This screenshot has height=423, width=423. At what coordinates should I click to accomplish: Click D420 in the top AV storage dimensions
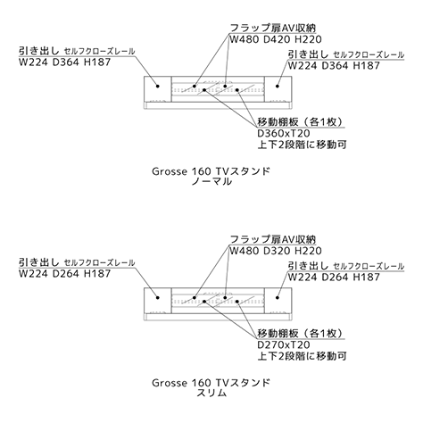tap(277, 39)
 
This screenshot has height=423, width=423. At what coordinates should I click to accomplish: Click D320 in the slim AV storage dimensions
tap(277, 251)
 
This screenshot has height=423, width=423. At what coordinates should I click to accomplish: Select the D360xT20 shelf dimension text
tap(279, 133)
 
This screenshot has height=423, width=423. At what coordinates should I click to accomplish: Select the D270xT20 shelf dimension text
tap(279, 344)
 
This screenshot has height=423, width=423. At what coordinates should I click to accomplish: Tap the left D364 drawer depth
tap(66, 62)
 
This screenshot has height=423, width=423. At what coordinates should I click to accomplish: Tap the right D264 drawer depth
tap(335, 278)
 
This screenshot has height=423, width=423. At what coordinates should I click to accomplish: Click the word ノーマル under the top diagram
tap(211, 181)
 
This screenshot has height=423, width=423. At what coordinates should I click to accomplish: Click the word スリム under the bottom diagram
tap(211, 393)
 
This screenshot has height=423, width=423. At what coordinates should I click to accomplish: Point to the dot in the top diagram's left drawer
tap(158, 87)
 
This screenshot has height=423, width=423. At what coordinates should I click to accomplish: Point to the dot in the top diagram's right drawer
tap(278, 87)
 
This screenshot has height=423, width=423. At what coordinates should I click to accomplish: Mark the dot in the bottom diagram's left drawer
tap(158, 297)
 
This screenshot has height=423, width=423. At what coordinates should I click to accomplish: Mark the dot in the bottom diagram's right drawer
tap(278, 297)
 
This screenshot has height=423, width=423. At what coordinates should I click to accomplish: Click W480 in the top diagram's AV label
tap(245, 39)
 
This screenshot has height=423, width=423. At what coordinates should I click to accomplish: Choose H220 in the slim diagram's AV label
tap(308, 251)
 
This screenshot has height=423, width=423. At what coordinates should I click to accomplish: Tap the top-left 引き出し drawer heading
tap(39, 51)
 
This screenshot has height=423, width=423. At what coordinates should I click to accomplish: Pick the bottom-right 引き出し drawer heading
tap(309, 266)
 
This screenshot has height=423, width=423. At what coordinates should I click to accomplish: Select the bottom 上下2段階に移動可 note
tap(302, 356)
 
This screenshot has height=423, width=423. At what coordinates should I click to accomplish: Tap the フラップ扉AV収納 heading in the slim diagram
tap(273, 239)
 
